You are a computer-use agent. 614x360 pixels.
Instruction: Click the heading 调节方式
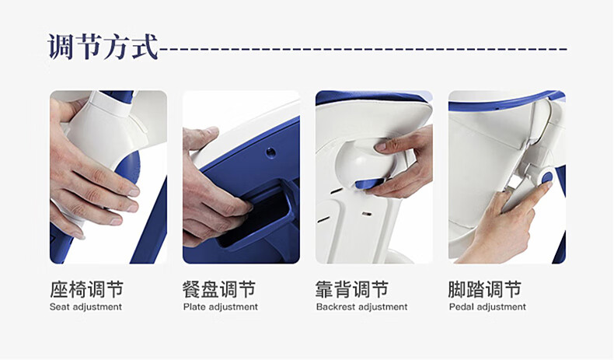coord(103,47)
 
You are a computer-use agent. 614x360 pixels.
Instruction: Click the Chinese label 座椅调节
coord(86,289)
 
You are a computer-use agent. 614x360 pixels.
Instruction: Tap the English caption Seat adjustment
coord(85,306)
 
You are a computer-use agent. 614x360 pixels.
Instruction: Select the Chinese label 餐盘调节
coord(219,289)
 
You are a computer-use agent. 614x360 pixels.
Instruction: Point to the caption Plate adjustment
coord(221,306)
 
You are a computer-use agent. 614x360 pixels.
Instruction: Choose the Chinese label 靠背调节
coord(352,289)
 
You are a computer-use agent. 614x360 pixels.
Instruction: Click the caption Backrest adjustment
coord(362,306)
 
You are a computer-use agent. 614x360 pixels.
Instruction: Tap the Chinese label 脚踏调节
coord(485,289)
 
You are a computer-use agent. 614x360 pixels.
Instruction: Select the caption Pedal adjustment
coord(487,306)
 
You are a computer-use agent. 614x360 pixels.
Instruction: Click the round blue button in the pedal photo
coord(546,178)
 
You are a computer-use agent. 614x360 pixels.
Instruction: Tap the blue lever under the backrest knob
coord(368,183)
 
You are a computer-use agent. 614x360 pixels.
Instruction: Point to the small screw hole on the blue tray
coord(270,152)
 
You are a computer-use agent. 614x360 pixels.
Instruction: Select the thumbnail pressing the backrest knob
coord(380,147)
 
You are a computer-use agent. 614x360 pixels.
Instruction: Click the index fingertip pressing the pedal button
coord(549,185)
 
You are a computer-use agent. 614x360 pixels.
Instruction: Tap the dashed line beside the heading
coord(364,49)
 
